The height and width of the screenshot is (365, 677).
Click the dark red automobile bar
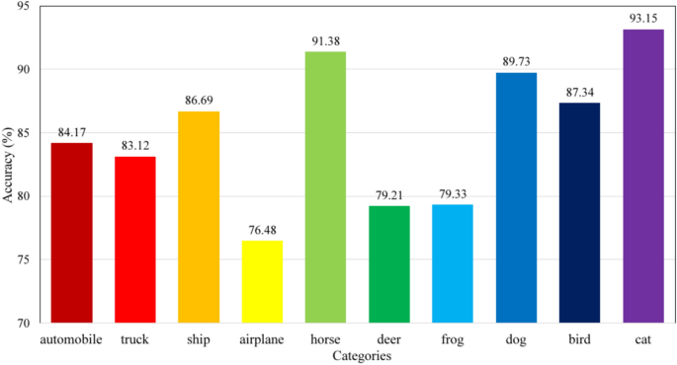click(71, 233)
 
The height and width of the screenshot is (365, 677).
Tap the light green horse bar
click(325, 187)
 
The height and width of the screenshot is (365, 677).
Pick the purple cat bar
click(643, 176)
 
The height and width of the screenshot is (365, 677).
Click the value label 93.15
click(643, 19)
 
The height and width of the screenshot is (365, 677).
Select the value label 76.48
click(262, 230)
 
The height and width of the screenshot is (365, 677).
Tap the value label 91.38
click(325, 40)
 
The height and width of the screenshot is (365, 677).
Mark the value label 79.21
click(388, 195)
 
